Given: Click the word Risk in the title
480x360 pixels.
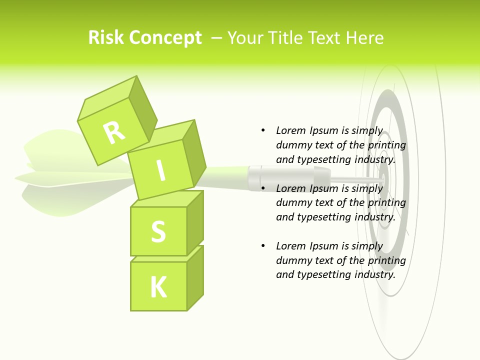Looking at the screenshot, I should [105, 37].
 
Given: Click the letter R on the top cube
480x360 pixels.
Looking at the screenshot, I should [114, 132].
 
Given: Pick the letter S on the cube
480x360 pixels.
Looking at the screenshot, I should [158, 232].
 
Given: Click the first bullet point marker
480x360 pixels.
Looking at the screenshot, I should [263, 130].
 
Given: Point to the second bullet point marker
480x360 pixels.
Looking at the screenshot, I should [263, 188].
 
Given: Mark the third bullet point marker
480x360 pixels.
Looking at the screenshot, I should [263, 246].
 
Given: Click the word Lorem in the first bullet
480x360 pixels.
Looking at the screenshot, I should [291, 130].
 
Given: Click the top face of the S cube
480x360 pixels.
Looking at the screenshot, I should [167, 198].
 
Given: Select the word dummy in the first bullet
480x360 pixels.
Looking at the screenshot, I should [293, 145].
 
